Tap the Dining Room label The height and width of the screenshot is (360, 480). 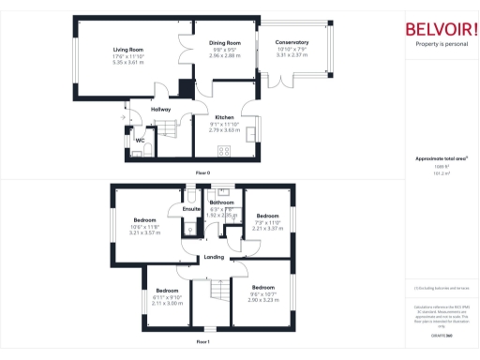point(225,43)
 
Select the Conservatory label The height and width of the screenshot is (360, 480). point(292,43)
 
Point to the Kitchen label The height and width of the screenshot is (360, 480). point(225,117)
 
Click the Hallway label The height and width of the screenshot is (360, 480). point(160,110)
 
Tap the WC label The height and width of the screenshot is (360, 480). point(139,140)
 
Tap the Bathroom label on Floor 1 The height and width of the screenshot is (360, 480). point(221,202)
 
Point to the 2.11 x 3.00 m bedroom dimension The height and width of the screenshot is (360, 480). point(167,303)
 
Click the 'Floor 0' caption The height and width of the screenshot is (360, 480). point(203,174)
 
